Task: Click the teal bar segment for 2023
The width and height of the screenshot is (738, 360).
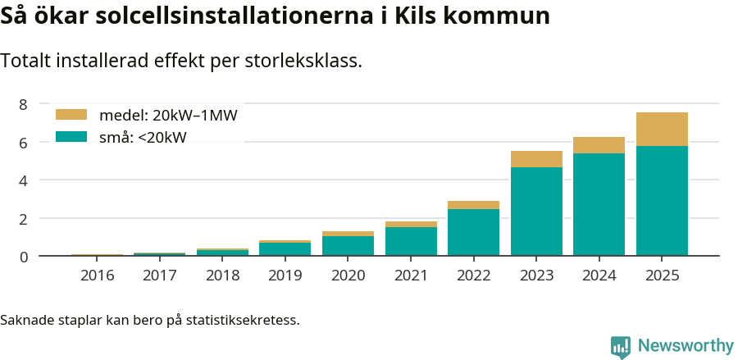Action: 536,212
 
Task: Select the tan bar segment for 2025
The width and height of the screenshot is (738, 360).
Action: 662,129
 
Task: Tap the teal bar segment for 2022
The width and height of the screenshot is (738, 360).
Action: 473,232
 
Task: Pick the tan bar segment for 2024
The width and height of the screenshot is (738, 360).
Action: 599,145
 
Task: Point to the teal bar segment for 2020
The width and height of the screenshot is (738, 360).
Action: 348,246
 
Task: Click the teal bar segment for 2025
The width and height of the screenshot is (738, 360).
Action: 662,201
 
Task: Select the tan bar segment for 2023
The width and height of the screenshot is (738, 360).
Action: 536,159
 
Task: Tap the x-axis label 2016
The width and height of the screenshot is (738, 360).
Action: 97,276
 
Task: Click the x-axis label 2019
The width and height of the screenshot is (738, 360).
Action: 285,276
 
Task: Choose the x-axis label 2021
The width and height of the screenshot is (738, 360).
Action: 411,276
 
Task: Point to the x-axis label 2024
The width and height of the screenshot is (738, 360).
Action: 599,276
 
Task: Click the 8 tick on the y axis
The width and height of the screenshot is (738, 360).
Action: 24,104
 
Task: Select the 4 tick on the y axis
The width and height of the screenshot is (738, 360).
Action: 24,180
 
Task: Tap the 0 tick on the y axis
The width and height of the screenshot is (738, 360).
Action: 24,257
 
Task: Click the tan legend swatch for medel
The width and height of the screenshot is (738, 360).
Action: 71,115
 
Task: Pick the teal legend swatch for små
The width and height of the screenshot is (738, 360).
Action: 71,137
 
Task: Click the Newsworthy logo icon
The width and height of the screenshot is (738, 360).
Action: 621,346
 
